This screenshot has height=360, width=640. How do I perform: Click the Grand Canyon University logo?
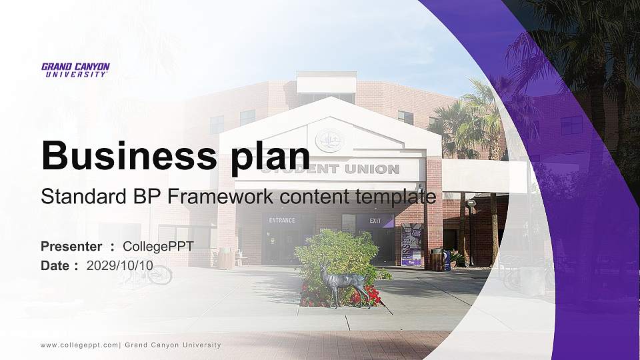click(75, 70)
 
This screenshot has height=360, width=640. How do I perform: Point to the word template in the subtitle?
click(398, 197)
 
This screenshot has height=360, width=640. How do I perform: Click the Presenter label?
click(71, 247)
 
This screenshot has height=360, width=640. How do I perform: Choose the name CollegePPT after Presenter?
click(158, 247)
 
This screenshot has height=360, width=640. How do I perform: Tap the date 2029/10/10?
click(119, 265)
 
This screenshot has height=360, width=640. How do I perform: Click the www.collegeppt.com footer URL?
click(79, 345)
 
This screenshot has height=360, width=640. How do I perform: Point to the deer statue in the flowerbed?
click(341, 284)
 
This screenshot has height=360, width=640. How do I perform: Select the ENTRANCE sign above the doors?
click(281, 220)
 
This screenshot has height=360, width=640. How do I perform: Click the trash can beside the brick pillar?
click(437, 260)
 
